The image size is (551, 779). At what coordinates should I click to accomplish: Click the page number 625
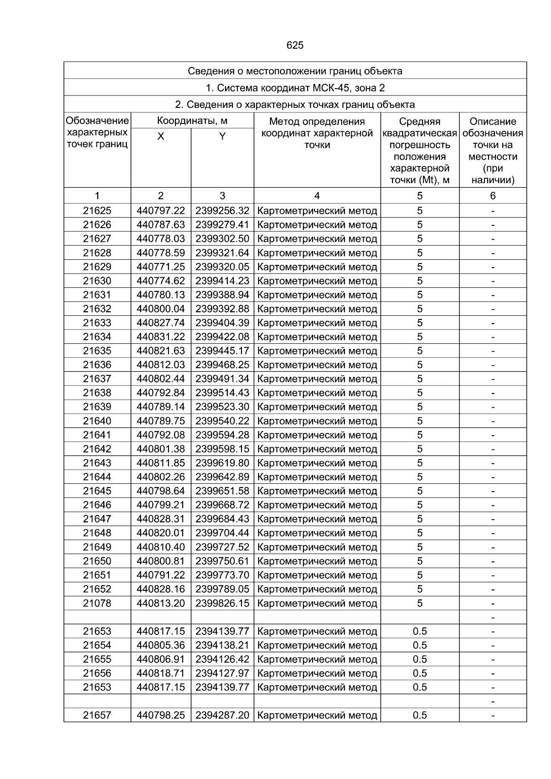[295, 45]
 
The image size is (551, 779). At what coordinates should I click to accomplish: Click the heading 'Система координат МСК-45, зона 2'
[295, 88]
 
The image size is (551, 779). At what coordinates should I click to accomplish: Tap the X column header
[161, 136]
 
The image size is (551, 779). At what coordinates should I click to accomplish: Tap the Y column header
[222, 136]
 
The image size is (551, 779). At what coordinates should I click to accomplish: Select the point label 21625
[97, 211]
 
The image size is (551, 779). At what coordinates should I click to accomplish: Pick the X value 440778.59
[161, 253]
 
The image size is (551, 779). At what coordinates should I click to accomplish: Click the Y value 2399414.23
[222, 281]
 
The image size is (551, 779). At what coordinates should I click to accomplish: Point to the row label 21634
[97, 337]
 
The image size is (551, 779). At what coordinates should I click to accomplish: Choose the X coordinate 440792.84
[161, 393]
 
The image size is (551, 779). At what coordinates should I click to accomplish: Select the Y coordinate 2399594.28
[222, 435]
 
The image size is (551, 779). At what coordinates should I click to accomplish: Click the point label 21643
[97, 463]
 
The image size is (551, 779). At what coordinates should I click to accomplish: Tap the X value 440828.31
[161, 519]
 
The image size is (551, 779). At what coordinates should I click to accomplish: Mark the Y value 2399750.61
[222, 561]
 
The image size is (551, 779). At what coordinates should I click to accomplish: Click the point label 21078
[97, 603]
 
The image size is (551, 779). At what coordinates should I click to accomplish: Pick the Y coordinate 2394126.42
[222, 659]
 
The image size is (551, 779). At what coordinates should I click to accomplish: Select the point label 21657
[97, 715]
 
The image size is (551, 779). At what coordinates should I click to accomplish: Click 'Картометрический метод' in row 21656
[317, 673]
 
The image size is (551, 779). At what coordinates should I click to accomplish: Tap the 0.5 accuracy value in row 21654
[420, 645]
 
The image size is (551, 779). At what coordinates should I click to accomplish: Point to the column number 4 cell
[317, 196]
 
